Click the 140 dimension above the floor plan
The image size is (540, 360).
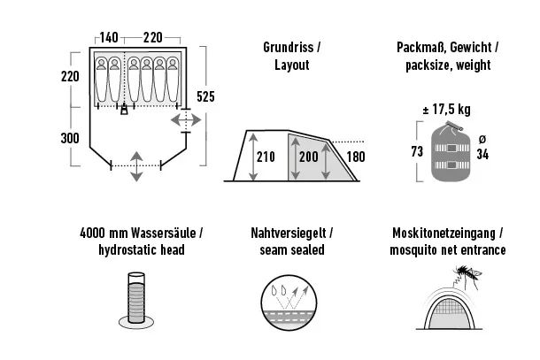coord(109,37)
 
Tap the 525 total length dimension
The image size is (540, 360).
coord(205,96)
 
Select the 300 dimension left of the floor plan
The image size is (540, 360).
coord(70,138)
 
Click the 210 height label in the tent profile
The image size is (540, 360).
coord(266,157)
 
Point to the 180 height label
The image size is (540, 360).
coord(356,157)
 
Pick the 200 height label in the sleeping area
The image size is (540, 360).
coord(309,157)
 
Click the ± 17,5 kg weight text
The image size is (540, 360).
coord(446,110)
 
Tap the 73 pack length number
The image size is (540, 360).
coord(417,151)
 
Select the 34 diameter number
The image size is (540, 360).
coord(482,154)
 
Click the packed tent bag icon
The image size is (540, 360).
coord(451,151)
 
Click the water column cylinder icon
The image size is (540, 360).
coord(136,300)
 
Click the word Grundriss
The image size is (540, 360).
coord(289,47)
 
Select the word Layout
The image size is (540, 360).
coord(292,65)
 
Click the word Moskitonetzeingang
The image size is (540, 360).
coord(444,234)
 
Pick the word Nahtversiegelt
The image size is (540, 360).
coord(289,234)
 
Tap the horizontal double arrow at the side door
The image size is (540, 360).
coord(186,120)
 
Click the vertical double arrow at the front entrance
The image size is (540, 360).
coord(136,166)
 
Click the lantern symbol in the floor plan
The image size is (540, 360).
coord(124,110)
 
